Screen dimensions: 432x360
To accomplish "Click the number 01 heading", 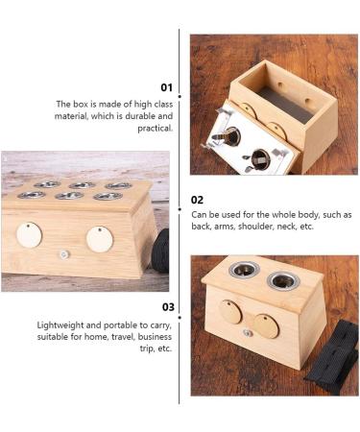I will point(166,87).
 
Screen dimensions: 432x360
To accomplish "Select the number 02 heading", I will point(197,200).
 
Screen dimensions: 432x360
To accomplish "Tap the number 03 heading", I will point(167,307).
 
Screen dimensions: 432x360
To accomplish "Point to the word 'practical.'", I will point(156,128).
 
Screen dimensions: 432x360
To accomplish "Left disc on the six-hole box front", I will point(29,234).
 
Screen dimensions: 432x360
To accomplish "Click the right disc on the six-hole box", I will point(99,238).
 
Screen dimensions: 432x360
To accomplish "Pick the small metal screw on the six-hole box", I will point(63,253).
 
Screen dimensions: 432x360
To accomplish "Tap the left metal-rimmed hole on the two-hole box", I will point(244,270).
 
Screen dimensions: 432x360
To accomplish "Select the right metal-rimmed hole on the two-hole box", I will point(283,281).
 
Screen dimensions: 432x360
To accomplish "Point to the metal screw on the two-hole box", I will point(247,332).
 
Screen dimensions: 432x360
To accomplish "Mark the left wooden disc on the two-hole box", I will point(230,314).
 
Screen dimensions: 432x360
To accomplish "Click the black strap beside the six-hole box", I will point(161,252).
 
